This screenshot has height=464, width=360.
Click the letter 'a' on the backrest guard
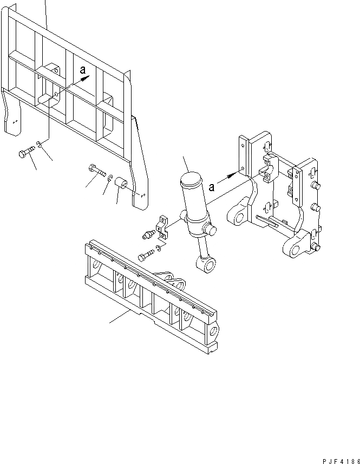coord(82,69)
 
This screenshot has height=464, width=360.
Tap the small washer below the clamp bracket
coord(157,249)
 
